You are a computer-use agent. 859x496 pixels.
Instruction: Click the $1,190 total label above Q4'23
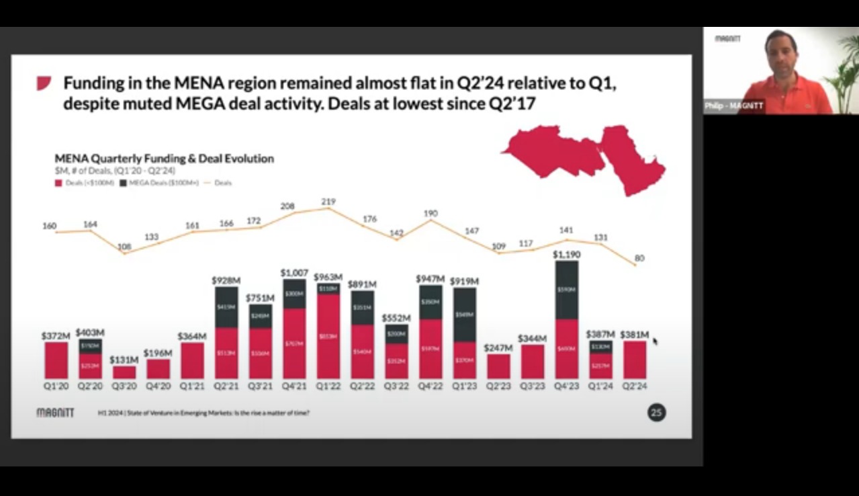point(566,255)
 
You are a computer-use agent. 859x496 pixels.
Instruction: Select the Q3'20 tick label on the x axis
point(124,387)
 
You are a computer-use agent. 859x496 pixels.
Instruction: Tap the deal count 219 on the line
point(328,202)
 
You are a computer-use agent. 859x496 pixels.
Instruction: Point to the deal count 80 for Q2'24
point(639,258)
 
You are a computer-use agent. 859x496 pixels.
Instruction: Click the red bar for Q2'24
point(634,360)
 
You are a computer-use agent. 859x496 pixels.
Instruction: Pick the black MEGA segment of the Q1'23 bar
point(464,315)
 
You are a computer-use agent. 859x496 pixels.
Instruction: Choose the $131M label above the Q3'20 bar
point(124,360)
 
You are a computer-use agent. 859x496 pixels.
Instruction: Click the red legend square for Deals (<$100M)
point(58,182)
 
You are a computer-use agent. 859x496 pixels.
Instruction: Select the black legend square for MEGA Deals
point(123,182)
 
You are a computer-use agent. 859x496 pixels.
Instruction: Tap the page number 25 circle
point(656,413)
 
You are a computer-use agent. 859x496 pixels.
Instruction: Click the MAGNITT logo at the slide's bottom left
point(55,413)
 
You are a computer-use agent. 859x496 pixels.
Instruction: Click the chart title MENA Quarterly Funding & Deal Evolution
point(164,159)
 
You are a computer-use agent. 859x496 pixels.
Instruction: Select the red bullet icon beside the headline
point(44,83)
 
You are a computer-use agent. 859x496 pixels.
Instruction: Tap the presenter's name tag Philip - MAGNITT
point(733,106)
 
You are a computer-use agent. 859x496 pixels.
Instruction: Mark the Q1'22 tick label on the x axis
point(328,387)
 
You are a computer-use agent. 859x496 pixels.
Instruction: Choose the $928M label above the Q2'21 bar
point(226,280)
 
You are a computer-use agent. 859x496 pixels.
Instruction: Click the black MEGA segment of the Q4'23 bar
point(566,290)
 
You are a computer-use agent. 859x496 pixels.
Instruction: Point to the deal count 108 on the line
point(124,247)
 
